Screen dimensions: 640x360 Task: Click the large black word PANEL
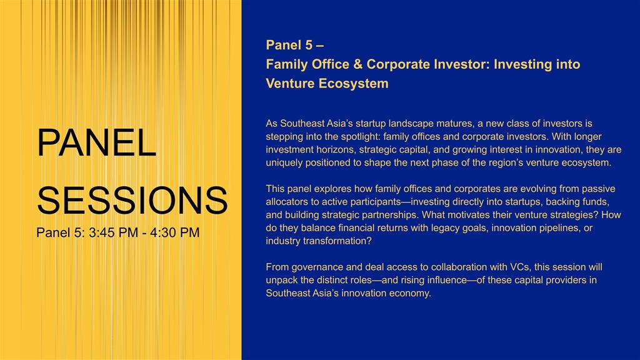(97, 142)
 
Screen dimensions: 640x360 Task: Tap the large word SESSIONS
(132, 200)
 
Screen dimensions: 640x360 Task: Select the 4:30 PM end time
(175, 232)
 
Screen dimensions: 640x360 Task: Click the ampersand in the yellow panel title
(358, 64)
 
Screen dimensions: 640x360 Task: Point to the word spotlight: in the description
(361, 137)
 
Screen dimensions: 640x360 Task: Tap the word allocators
(285, 202)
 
